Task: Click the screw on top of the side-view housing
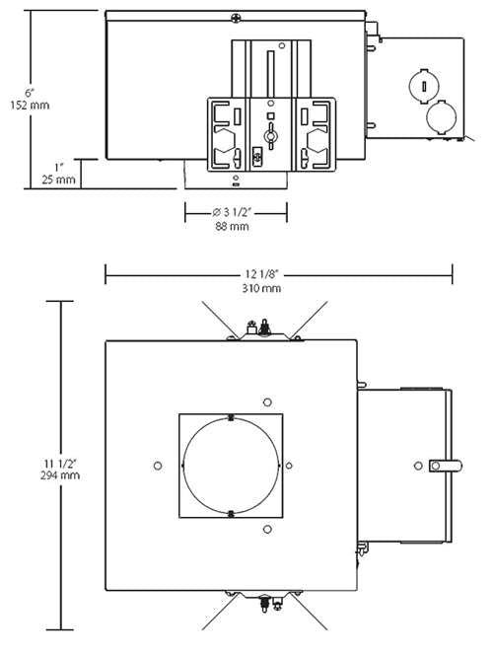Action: tap(235, 16)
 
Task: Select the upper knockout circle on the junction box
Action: tap(423, 83)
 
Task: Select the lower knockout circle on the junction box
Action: tap(438, 119)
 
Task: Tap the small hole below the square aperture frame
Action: tap(267, 529)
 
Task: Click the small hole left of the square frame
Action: tap(158, 465)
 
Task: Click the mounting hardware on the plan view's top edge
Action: tap(262, 328)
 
